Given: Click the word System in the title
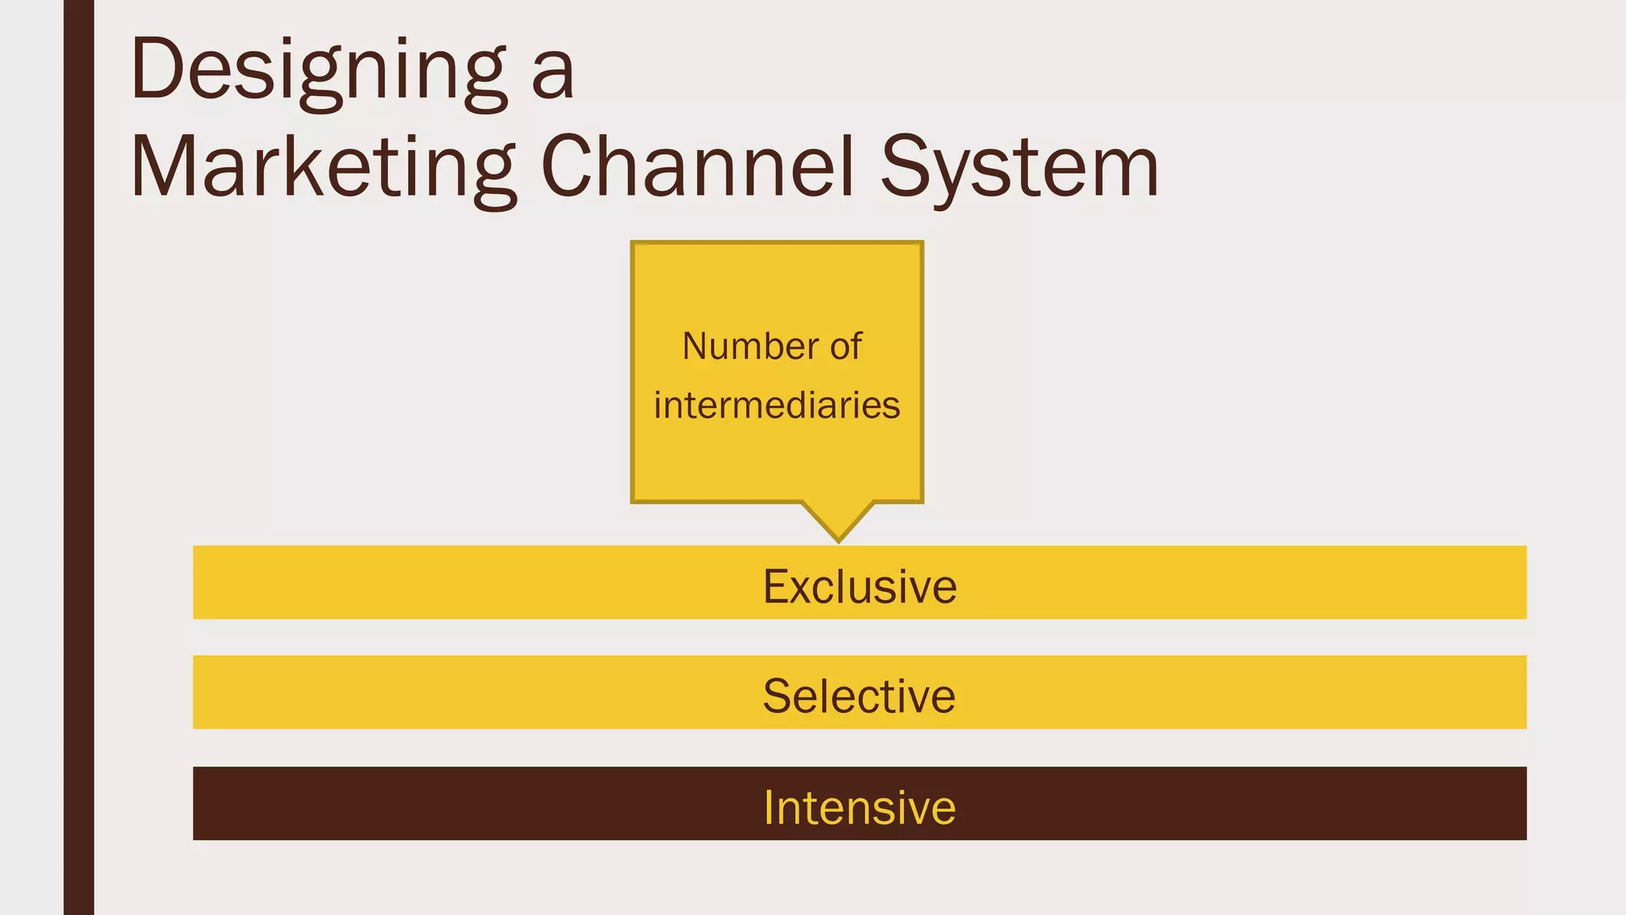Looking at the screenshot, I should coord(1019,168).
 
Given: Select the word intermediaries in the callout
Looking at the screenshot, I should coord(776,405).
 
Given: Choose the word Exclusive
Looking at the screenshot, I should coord(860,586).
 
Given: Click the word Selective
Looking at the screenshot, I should coord(859,696).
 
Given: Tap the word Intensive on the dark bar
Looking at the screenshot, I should coord(860,807).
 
